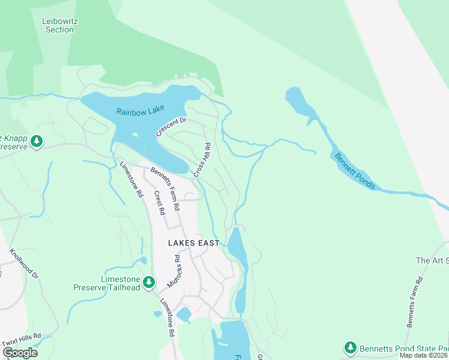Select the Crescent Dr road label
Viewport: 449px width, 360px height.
tap(171, 127)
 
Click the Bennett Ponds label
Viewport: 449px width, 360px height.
tap(354, 172)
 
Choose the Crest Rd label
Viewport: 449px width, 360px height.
tap(159, 203)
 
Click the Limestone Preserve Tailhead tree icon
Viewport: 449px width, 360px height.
tap(149, 281)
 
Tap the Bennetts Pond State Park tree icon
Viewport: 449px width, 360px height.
tap(350, 347)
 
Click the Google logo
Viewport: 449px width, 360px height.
tap(20, 352)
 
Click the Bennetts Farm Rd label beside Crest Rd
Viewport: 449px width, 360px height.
tap(166, 188)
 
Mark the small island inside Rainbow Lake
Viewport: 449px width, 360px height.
tap(135, 135)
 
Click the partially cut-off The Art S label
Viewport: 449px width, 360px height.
tap(432, 260)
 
